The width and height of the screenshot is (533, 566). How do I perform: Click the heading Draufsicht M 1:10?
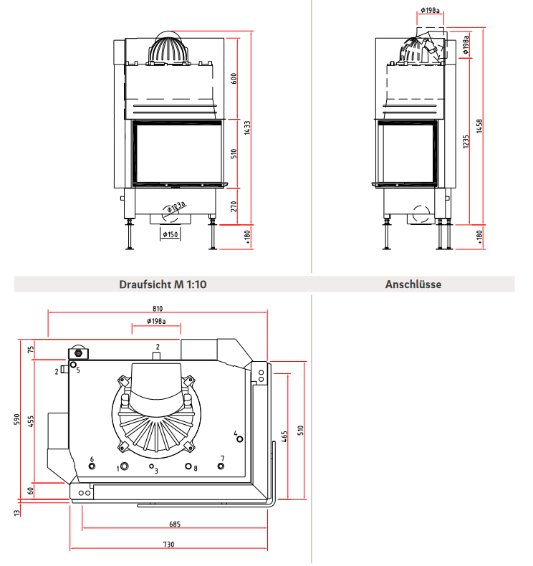(x=163, y=284)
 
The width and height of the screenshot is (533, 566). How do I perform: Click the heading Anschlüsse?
(x=413, y=284)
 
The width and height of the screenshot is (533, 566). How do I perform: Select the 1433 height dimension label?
(x=247, y=128)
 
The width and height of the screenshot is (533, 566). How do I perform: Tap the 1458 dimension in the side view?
(x=479, y=126)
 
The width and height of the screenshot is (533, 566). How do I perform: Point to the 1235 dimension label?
(x=466, y=142)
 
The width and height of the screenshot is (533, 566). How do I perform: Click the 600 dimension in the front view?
(x=234, y=78)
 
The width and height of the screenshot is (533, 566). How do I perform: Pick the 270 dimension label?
(x=234, y=206)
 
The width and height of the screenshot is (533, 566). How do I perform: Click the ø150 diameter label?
(x=171, y=234)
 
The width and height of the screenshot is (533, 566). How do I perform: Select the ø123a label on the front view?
(x=176, y=207)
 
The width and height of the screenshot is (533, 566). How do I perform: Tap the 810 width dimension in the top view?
(x=158, y=309)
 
